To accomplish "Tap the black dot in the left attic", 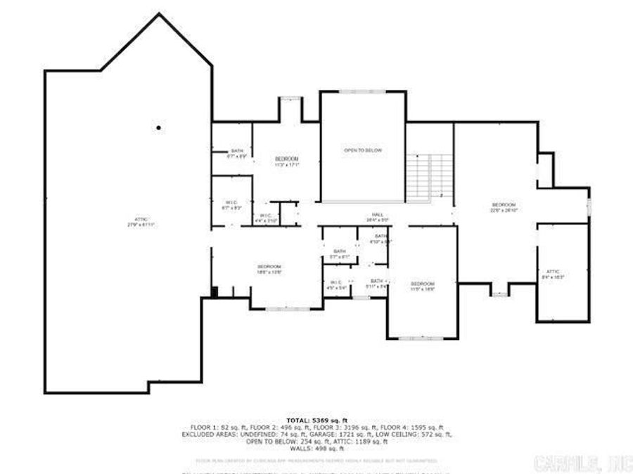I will tap(159, 128).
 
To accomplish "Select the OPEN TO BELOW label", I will tap(363, 150).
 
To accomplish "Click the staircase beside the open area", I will tap(428, 176).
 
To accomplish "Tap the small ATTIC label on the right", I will tap(553, 274).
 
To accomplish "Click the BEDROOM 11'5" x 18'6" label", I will tap(422, 285).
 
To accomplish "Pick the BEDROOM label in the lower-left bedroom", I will tap(269, 269).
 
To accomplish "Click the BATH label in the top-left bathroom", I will tap(236, 153).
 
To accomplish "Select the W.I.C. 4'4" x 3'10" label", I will tap(266, 218).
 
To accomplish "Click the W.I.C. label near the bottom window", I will tap(334, 284).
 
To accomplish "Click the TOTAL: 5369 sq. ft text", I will tap(316, 419).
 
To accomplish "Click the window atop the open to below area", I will tap(363, 91).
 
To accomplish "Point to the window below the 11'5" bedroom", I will tap(422, 338).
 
